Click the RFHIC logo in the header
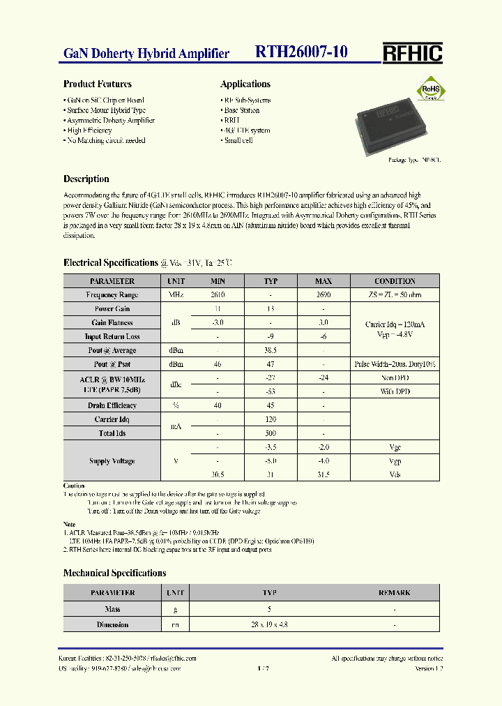tap(412, 53)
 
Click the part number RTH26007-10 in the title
tap(301, 52)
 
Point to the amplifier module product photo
tap(390, 127)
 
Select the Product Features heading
tap(98, 84)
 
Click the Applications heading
tap(245, 84)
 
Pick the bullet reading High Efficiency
tap(90, 130)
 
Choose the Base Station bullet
tap(242, 110)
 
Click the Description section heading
tap(86, 179)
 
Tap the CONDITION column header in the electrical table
tap(395, 281)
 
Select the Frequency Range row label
tap(112, 295)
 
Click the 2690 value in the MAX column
tap(324, 295)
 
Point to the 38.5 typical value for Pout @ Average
tap(271, 350)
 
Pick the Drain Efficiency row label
tap(112, 405)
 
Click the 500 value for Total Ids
tap(271, 433)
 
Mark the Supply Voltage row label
tap(112, 461)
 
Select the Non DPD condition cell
tap(395, 377)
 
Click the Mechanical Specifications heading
tap(115, 573)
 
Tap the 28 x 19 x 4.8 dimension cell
tap(271, 625)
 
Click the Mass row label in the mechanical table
tap(112, 609)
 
